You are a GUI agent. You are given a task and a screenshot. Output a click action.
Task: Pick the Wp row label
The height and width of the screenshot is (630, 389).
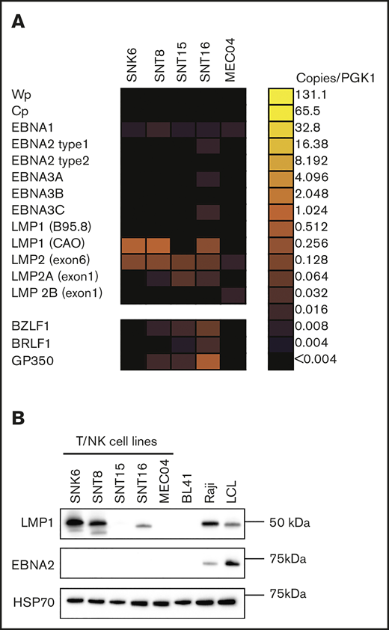[x=20, y=94]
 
